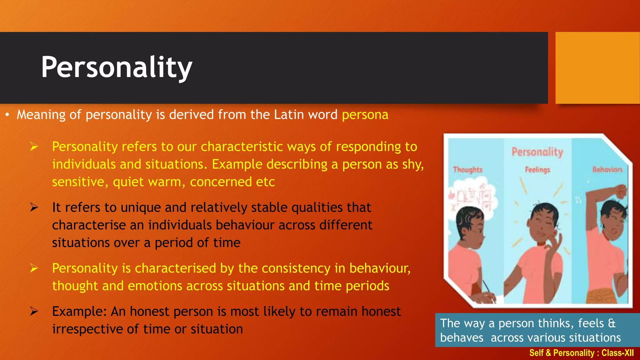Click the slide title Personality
click(x=116, y=67)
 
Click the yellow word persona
click(x=365, y=115)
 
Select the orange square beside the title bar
click(x=597, y=68)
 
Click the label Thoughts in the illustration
click(x=467, y=170)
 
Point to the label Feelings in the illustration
click(x=537, y=170)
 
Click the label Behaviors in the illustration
click(x=607, y=169)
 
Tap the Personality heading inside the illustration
click(x=537, y=152)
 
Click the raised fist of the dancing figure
click(x=620, y=191)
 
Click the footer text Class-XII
click(x=617, y=353)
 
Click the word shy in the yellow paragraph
click(x=412, y=164)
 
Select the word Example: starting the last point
click(x=79, y=312)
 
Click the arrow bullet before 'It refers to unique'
click(x=34, y=207)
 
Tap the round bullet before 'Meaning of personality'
click(x=7, y=115)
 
